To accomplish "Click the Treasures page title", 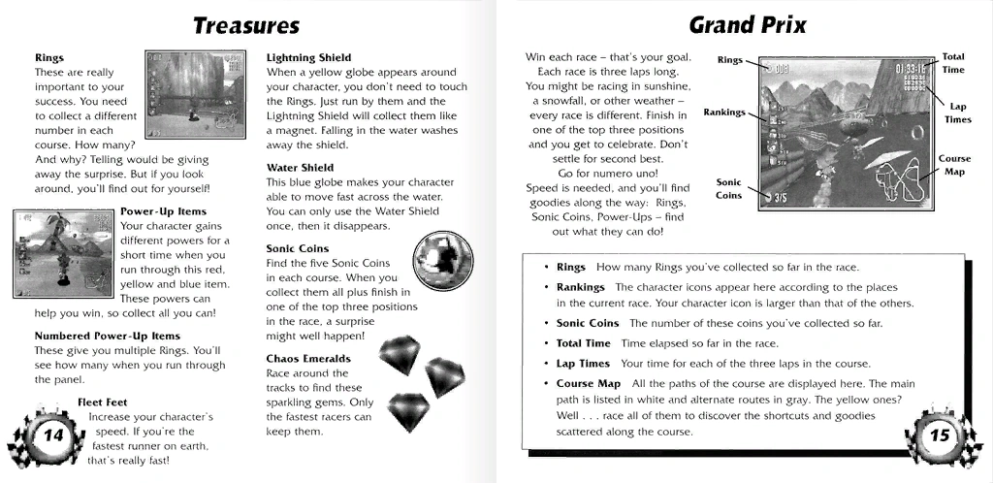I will pyautogui.click(x=246, y=25).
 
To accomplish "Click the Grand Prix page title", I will pyautogui.click(x=747, y=25).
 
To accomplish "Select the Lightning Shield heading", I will pyautogui.click(x=308, y=58).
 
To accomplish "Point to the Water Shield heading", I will pyautogui.click(x=300, y=168).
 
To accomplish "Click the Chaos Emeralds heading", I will pyautogui.click(x=308, y=359).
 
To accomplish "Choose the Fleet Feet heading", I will pyautogui.click(x=103, y=402).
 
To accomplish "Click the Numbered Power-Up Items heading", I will pyautogui.click(x=107, y=337).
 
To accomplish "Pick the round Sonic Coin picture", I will pyautogui.click(x=442, y=265).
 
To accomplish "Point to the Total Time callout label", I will pyautogui.click(x=953, y=63).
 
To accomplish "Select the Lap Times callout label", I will pyautogui.click(x=957, y=113).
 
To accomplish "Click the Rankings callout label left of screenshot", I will pyautogui.click(x=724, y=112).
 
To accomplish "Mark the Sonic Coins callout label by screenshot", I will pyautogui.click(x=729, y=188).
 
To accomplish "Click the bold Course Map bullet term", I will pyautogui.click(x=589, y=384).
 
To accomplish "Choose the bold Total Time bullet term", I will pyautogui.click(x=584, y=343).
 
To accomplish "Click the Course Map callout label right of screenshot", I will pyautogui.click(x=954, y=165).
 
